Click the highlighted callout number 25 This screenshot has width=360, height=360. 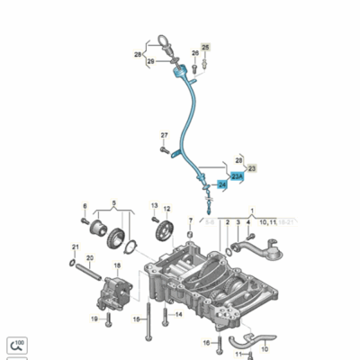coord(205,46)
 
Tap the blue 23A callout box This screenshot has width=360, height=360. coord(238,178)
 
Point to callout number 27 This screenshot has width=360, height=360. coord(165,136)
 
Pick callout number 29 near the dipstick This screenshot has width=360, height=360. coord(151,61)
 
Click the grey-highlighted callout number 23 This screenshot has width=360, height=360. coord(253,168)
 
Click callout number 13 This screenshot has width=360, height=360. coord(155,207)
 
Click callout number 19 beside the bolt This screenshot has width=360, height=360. coord(94,319)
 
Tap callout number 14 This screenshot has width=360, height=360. coord(178,314)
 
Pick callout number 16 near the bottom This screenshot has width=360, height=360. coord(206,343)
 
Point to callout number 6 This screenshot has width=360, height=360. coord(85,206)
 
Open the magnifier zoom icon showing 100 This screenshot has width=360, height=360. coord(17,344)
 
